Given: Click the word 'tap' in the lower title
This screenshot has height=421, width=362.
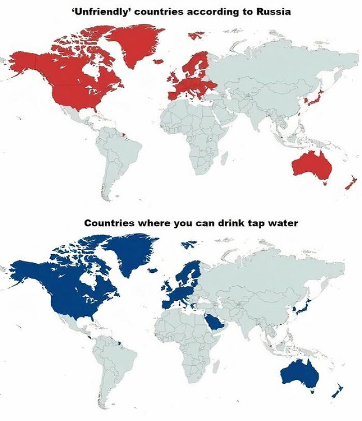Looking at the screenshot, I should [243, 223].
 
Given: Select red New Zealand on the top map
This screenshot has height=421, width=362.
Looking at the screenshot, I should [350, 183].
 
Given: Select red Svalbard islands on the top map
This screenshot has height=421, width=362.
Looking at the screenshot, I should [197, 35].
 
